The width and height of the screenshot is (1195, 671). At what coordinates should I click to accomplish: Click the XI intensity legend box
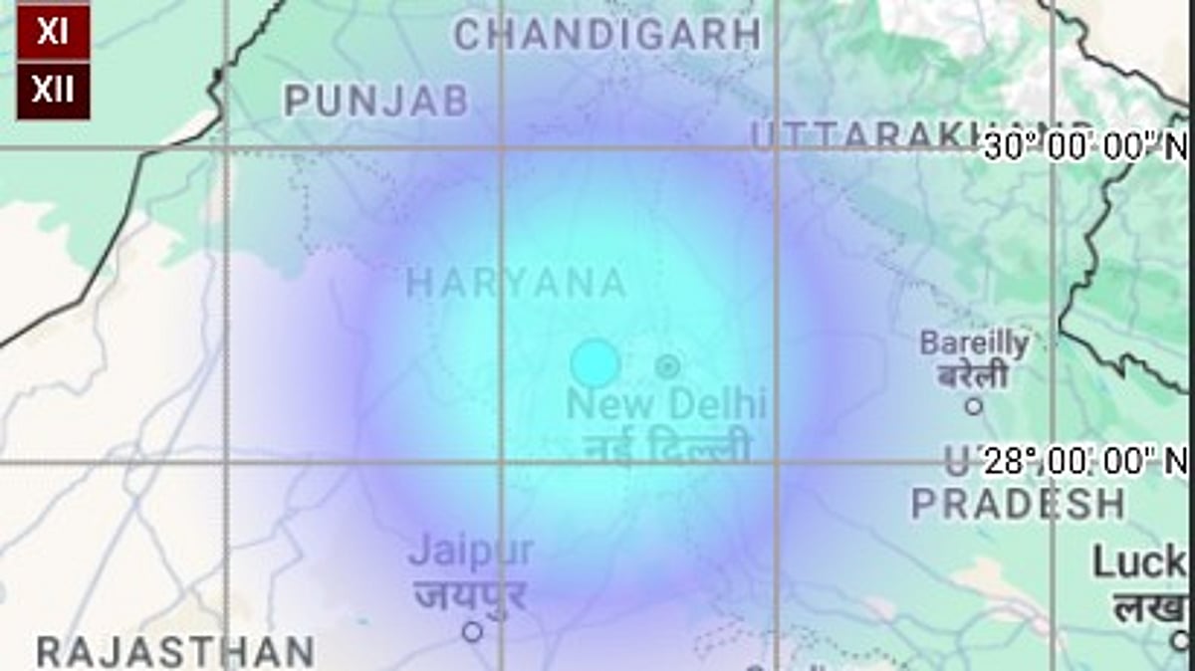point(53,31)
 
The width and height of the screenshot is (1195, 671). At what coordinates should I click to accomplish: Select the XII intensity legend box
point(53,91)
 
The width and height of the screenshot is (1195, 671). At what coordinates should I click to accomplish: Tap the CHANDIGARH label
point(607,35)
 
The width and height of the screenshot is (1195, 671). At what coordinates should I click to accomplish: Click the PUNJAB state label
point(376,101)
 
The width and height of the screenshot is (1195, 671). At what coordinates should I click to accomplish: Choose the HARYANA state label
point(516,284)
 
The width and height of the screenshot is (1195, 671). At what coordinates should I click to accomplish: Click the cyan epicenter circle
point(596,363)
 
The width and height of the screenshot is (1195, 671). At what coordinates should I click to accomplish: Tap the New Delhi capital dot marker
point(667,366)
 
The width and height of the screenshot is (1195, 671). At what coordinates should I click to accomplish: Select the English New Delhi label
point(666,404)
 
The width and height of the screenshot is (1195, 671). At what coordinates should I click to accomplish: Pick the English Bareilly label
point(974,343)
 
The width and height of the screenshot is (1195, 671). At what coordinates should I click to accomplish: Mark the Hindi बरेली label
point(974,376)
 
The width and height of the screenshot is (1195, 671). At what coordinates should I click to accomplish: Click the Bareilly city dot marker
point(974,405)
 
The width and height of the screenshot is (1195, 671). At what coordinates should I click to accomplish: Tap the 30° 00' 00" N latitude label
point(1085,147)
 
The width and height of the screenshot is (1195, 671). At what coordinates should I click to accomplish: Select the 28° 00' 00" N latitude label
point(1085,461)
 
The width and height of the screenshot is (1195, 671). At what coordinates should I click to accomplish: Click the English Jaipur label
point(471,551)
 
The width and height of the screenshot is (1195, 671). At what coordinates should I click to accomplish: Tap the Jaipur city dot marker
point(472,631)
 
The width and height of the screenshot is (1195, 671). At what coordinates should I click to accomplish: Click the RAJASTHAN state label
point(176,652)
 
